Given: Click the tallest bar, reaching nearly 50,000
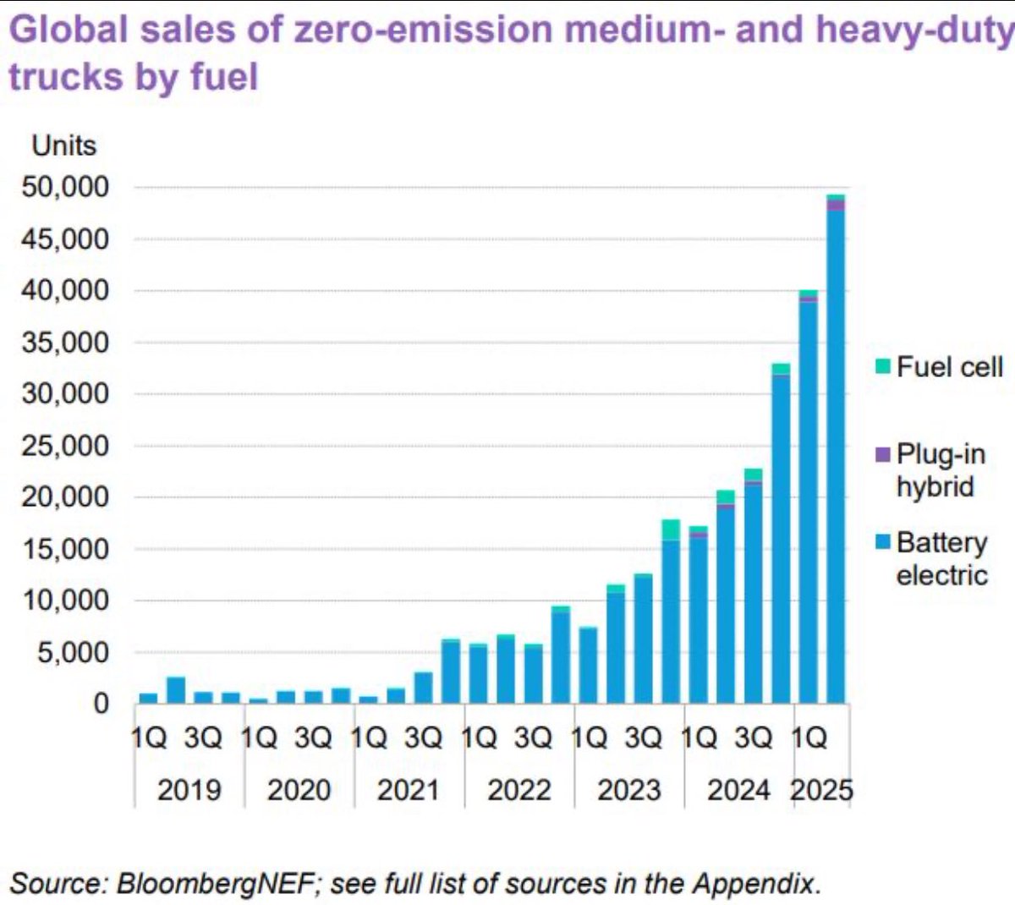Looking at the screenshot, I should coord(836,457).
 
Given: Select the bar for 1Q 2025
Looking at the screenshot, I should coord(809,499).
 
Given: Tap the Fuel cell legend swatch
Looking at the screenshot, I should coord(883,367).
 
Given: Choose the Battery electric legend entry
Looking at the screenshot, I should coord(941,558).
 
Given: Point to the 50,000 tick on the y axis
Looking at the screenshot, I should coord(66,187).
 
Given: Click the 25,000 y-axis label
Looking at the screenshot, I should coord(66,446).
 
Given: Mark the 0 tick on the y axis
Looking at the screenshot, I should coord(101,704).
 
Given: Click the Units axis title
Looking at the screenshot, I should coord(64,145).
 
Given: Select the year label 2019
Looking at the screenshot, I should coord(189,791).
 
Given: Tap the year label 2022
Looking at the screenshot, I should coord(518,791).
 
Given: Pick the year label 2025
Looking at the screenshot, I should coord(821,791).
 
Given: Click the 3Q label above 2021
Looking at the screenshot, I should coord(423,738).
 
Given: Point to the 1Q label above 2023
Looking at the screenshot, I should coord(589,738).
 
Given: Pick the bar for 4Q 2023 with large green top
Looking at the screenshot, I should coord(671,617).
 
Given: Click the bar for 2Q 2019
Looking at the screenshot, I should coord(176,690).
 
